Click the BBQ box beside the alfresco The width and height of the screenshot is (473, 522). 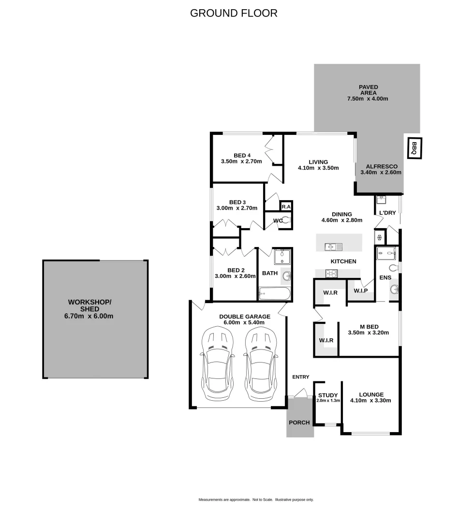coord(414,148)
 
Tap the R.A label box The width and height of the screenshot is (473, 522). coord(286,206)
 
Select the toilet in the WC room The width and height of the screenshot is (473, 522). coord(286,221)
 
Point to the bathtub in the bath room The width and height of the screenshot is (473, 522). coord(274,293)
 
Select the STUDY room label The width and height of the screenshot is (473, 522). coord(328,395)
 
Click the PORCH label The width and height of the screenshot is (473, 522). coord(299,422)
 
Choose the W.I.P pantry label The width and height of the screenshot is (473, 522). coord(360,290)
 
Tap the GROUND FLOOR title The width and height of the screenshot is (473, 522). coord(234,13)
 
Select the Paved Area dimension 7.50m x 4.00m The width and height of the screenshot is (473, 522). coord(368,99)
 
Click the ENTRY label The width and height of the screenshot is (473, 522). coord(300,377)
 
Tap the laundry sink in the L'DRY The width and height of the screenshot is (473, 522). coord(381,198)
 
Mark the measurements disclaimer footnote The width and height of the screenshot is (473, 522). coord(256,499)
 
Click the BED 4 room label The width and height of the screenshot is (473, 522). coord(241,155)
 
